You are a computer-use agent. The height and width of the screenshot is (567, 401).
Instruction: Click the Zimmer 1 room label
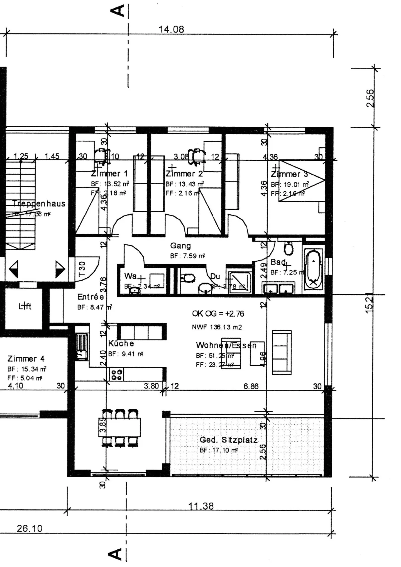click(x=109, y=174)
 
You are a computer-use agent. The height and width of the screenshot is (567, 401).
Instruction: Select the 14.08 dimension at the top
click(x=171, y=29)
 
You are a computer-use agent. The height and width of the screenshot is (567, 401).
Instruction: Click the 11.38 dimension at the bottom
click(x=201, y=506)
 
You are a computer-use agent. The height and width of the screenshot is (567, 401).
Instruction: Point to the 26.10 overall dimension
click(x=29, y=528)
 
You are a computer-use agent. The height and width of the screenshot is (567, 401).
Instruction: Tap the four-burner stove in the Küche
click(x=117, y=375)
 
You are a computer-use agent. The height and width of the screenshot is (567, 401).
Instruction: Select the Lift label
click(x=25, y=306)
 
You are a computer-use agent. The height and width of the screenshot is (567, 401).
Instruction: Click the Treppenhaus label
click(x=39, y=204)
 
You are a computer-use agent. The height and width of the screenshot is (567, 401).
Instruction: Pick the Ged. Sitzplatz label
click(x=228, y=440)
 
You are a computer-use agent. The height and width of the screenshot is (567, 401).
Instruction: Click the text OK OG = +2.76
click(x=218, y=314)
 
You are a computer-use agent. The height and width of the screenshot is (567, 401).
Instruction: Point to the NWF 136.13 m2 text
click(x=217, y=327)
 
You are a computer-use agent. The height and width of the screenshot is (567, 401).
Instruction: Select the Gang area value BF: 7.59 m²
click(x=187, y=256)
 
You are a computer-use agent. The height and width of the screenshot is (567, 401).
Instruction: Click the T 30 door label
click(x=82, y=269)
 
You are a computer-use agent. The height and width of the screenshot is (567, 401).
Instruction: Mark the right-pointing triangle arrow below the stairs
click(x=60, y=269)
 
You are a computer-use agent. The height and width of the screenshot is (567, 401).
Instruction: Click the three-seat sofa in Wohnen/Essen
click(x=282, y=352)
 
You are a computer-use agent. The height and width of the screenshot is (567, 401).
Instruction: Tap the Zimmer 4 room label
click(x=26, y=359)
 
